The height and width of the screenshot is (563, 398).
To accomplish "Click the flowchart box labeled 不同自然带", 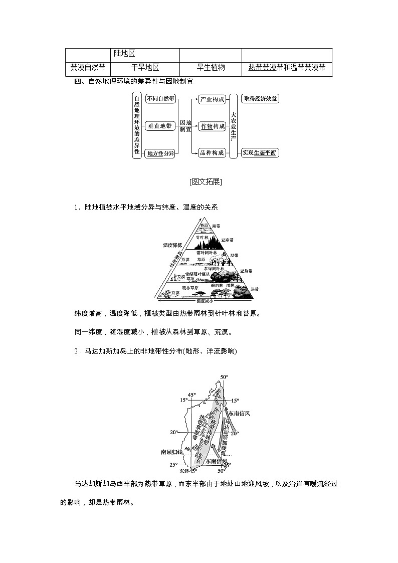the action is coord(160,99).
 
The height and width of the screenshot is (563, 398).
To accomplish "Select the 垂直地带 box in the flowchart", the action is coord(160,126).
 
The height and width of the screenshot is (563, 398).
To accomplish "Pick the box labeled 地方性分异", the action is coord(160,153).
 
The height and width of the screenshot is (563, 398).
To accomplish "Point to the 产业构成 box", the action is coord(213,99).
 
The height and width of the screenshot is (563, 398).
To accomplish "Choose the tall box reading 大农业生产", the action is coord(233,126).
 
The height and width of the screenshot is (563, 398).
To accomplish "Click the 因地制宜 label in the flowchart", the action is coord(185,126).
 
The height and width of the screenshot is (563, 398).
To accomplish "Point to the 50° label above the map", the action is coord(224,377).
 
